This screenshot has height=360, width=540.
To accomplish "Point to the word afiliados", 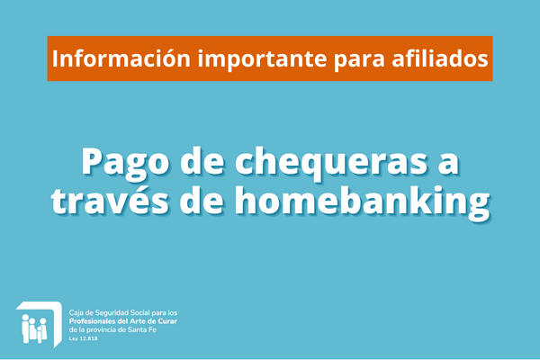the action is tap(440, 58).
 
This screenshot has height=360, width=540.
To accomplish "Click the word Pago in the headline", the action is tap(125, 163).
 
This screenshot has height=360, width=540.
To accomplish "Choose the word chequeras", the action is tap(331, 163).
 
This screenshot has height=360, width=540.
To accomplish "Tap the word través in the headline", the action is tap(110, 200).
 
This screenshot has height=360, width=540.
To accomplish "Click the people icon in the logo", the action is tap(34, 328).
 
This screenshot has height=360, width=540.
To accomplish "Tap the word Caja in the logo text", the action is tap(76, 313).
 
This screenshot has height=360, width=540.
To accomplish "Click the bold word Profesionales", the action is tap(92, 321).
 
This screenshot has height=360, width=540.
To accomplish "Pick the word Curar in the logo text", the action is tap(167, 321).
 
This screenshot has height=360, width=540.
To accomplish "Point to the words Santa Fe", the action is tap(142, 329).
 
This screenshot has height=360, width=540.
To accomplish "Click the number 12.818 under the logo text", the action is tap(88, 338).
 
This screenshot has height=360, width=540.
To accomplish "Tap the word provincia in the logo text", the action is tap(101, 330).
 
